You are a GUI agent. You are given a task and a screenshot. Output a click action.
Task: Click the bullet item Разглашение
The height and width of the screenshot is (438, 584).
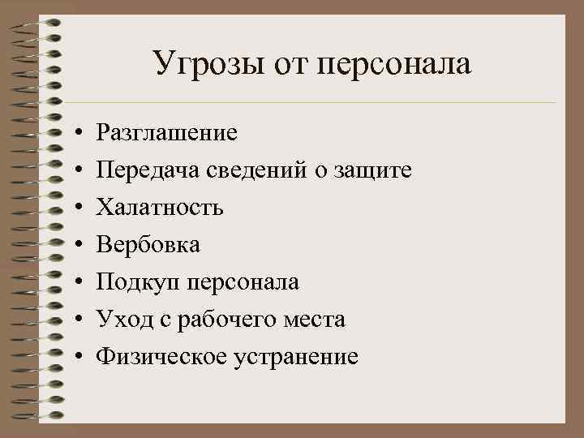point(167,132)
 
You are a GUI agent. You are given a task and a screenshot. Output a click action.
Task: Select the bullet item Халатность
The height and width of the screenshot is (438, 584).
point(160,208)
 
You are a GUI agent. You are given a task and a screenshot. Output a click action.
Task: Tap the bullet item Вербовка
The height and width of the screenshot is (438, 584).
point(148,245)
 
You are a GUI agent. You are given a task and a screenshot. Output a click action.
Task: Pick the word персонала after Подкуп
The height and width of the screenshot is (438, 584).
point(243,282)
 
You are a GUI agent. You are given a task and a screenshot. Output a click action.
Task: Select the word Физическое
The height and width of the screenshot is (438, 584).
point(162,357)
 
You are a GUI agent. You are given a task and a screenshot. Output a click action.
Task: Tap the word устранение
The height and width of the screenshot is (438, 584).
point(296,357)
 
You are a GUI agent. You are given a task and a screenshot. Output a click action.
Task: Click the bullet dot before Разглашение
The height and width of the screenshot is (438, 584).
point(74,133)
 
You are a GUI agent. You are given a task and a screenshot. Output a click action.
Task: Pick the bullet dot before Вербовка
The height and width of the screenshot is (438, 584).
point(74,245)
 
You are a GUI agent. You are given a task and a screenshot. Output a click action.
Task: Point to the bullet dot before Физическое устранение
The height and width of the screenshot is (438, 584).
point(74,357)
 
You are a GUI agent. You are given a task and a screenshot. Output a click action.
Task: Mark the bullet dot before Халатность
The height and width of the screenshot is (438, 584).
point(74,208)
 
